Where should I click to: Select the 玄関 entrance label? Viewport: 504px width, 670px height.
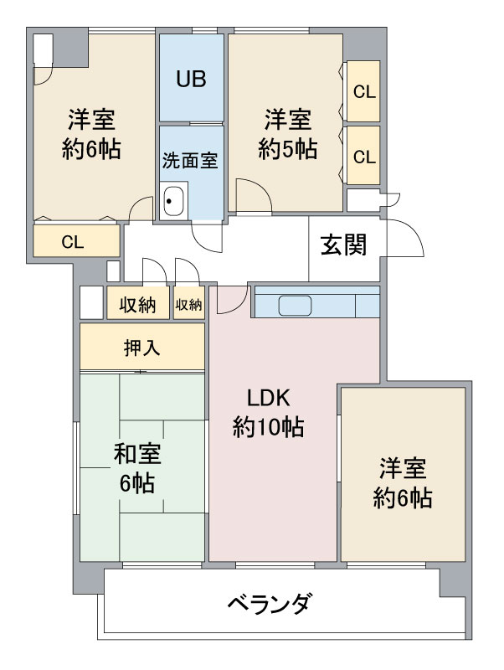[344, 245]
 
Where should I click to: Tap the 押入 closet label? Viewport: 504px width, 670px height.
[141, 347]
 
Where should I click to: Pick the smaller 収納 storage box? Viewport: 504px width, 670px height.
[189, 305]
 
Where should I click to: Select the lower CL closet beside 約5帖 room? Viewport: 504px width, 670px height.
[363, 156]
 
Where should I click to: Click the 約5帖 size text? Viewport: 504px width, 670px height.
[287, 149]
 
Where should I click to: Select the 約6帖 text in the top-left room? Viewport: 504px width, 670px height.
[91, 149]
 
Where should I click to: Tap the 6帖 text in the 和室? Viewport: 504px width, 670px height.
[137, 483]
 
